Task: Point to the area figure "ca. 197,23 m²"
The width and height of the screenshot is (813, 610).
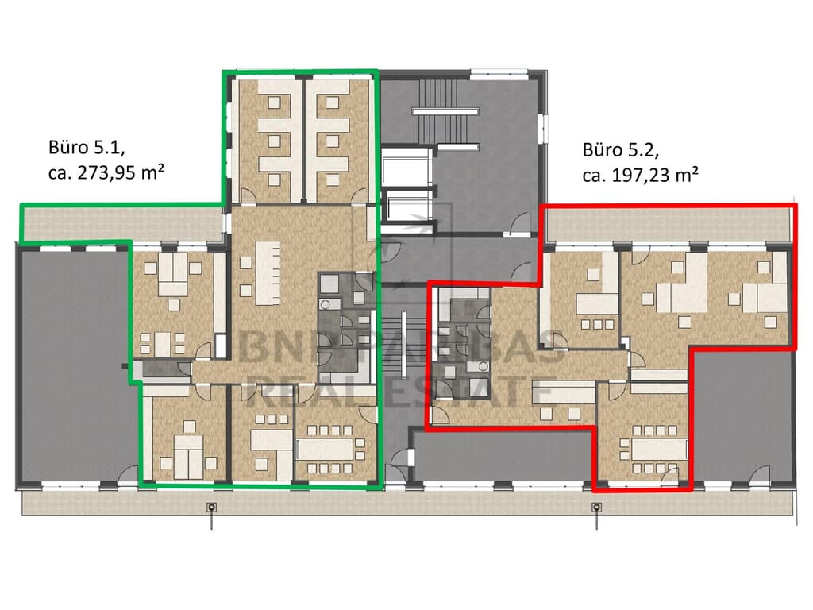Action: coord(640,174)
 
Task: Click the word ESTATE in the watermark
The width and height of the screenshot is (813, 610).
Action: coord(477,392)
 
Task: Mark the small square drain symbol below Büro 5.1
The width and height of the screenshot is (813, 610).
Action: coord(211,508)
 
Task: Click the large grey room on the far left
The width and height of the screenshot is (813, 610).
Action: coord(71,365)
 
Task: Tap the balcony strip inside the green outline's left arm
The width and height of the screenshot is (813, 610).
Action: coord(119,224)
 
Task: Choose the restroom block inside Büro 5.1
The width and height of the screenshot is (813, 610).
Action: coord(345,326)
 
